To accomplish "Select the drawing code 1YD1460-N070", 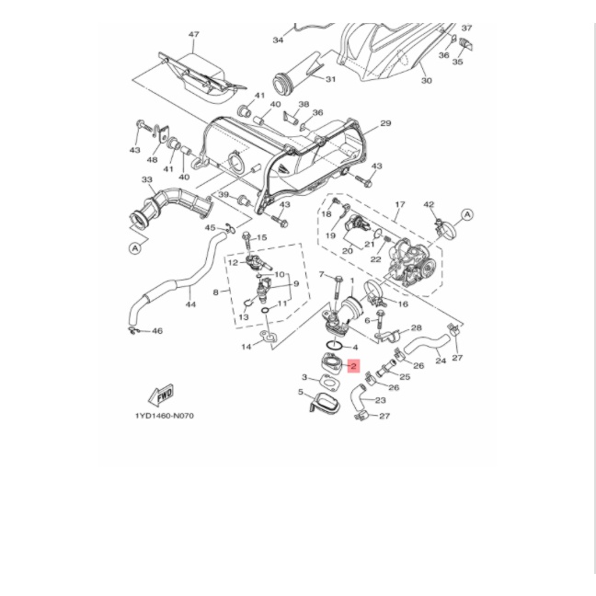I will point(165,416).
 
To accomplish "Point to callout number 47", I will point(193,35).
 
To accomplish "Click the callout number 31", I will point(329,78).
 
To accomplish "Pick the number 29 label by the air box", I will point(385,123).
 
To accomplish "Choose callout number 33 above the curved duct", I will point(146,180).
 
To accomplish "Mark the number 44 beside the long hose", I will point(190,303).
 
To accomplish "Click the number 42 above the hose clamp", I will point(429,204).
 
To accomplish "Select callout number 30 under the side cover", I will point(426,81).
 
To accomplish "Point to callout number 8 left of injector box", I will point(214,292).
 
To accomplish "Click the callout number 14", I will point(245,347).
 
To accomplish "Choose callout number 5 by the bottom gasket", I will point(300,392).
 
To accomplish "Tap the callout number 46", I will point(156,331).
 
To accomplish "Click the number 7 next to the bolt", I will point(321,274).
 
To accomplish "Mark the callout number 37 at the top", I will point(466,29).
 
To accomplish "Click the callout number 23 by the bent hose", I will point(380,400).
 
